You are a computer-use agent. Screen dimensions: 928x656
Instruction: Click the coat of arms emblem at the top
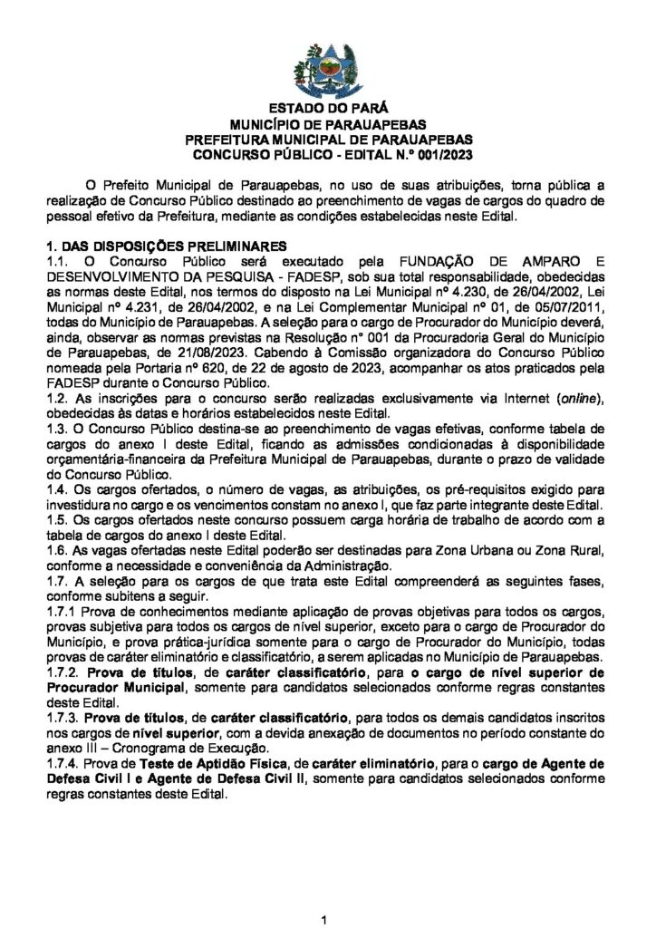pyautogui.click(x=327, y=68)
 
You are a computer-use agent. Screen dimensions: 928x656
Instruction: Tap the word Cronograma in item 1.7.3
pyautogui.click(x=159, y=749)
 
